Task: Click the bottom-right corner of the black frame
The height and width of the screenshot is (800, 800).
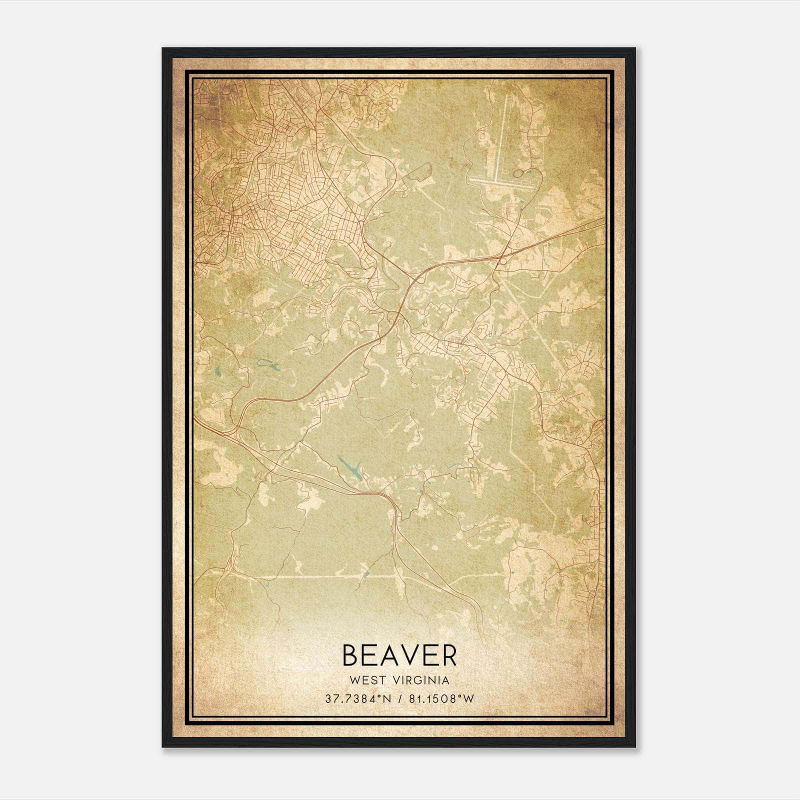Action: click(x=635, y=747)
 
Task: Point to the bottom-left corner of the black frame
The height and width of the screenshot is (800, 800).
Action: click(x=163, y=747)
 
